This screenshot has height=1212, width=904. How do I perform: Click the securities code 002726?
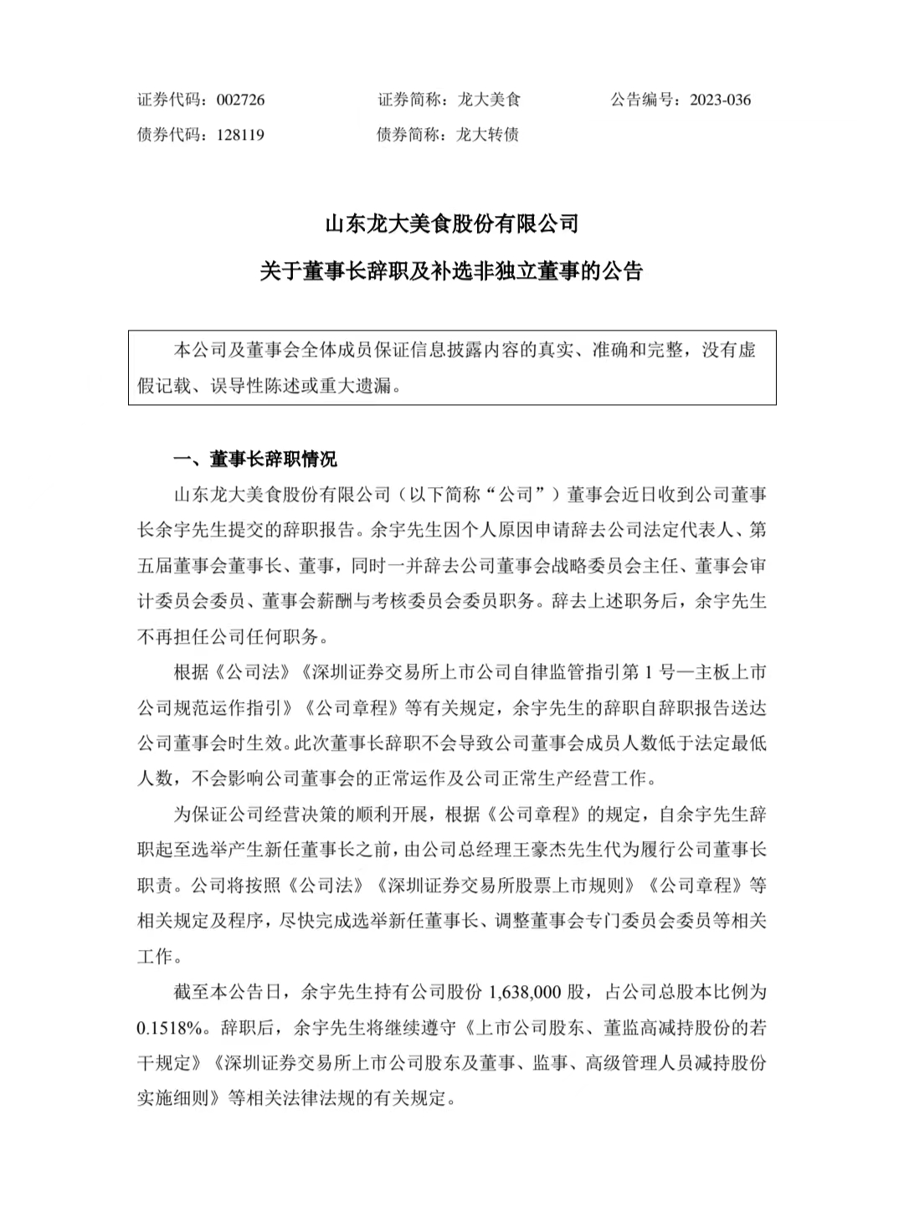240,100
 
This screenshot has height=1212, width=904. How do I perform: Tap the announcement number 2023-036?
720,100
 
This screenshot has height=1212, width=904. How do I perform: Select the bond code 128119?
240,134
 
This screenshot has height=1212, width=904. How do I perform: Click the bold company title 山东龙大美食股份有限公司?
451,225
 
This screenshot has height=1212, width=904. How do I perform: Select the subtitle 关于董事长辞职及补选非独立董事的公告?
451,272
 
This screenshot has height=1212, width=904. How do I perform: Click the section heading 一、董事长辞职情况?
254,459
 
